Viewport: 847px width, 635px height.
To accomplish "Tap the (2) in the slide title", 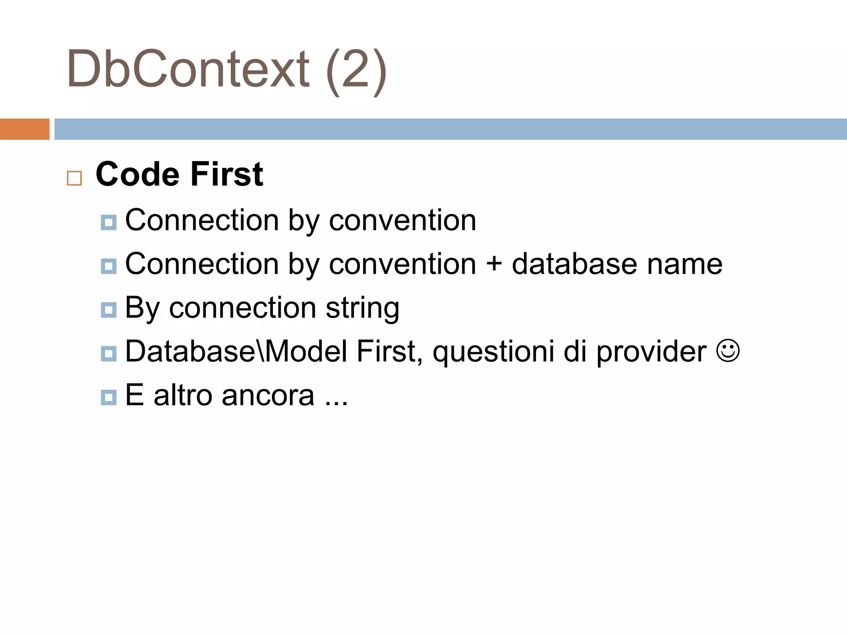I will click(357, 70).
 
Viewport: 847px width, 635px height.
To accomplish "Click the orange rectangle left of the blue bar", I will click(24, 129).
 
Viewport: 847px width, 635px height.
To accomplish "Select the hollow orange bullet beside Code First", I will click(74, 178).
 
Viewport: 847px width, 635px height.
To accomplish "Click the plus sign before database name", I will click(494, 265).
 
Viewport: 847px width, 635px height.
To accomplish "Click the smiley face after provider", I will click(727, 351).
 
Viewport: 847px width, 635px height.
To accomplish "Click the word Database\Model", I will click(236, 352).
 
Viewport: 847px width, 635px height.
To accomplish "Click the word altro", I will click(182, 396).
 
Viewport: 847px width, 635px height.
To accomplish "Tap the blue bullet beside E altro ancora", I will click(109, 397).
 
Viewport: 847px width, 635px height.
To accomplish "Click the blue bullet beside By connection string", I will click(109, 310).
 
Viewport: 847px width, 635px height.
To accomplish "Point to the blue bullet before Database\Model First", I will click(109, 353).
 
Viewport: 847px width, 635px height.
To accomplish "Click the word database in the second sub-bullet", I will click(574, 265).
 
